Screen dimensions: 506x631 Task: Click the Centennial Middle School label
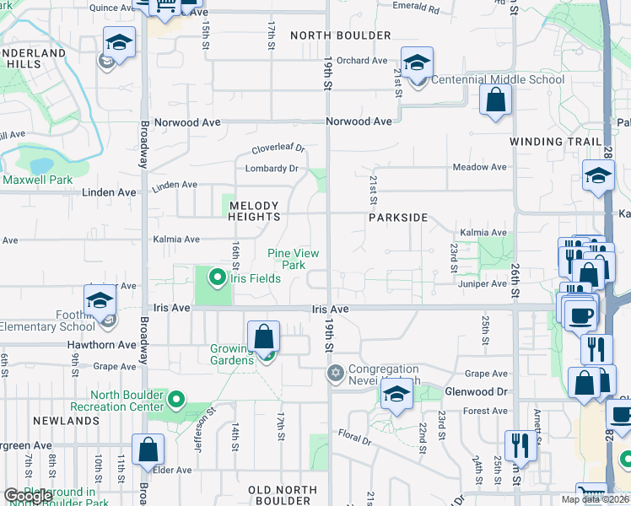pos(498,80)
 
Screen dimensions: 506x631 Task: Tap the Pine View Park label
pos(287,259)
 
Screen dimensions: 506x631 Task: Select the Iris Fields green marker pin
pos(218,277)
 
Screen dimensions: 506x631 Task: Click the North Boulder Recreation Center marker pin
pos(176,398)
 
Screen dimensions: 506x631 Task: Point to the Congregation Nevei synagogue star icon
pos(335,373)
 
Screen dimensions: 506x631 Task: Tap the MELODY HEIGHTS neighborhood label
pos(254,211)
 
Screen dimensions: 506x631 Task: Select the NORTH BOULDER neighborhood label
pos(340,35)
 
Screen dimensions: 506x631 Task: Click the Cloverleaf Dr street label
pos(278,149)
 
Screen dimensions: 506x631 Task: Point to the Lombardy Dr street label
pos(272,168)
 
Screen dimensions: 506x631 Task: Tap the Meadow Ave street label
pos(479,167)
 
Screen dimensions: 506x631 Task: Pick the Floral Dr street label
pos(354,439)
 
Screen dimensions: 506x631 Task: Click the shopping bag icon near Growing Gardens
pos(264,336)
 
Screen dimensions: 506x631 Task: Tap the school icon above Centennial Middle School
pos(416,62)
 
